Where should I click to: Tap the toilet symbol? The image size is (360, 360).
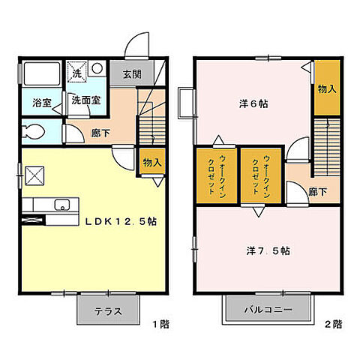coord(34,133)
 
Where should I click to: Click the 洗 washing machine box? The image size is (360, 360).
coord(76,72)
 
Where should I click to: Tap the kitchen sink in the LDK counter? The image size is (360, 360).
coord(62,204)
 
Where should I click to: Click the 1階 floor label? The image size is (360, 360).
coord(160,325)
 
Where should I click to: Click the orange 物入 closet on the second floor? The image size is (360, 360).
coord(325,88)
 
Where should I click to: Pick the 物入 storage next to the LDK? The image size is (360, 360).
coord(152,162)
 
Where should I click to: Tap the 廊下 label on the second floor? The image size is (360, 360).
coord(318,192)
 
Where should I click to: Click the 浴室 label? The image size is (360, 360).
coord(41,103)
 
